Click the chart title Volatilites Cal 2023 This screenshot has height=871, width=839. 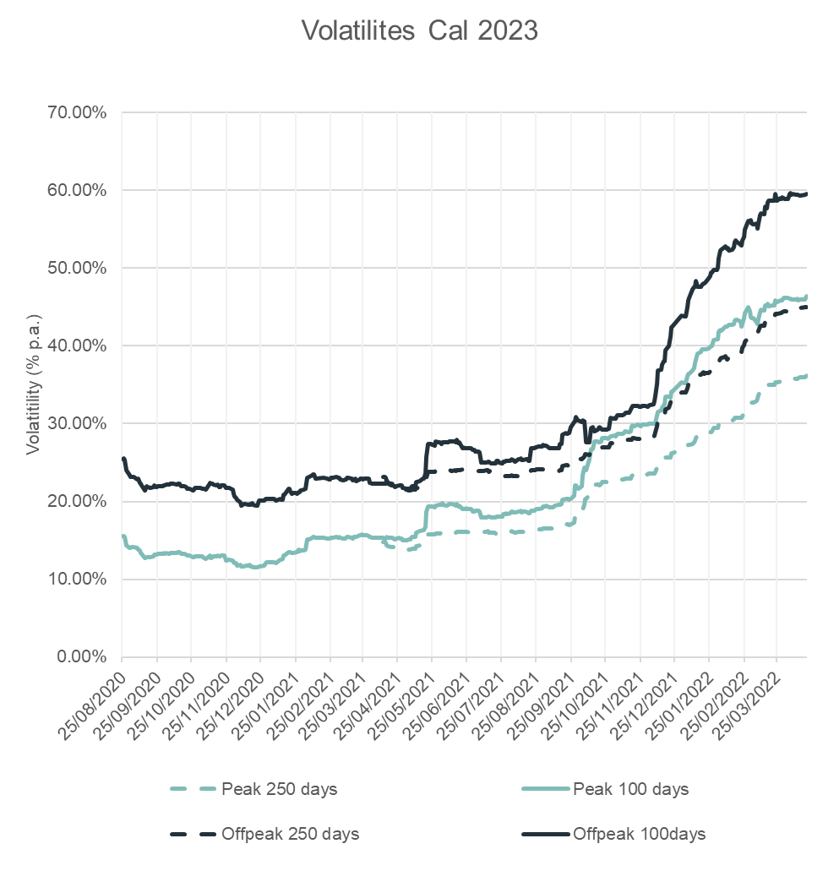pyautogui.click(x=419, y=30)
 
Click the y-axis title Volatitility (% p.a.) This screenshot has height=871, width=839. pyautogui.click(x=33, y=384)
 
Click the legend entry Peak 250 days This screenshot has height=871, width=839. pyautogui.click(x=279, y=790)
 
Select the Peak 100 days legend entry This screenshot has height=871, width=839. pyautogui.click(x=630, y=790)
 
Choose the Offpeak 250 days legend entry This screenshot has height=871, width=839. pyautogui.click(x=290, y=834)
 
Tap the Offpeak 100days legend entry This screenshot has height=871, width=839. pyautogui.click(x=639, y=834)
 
